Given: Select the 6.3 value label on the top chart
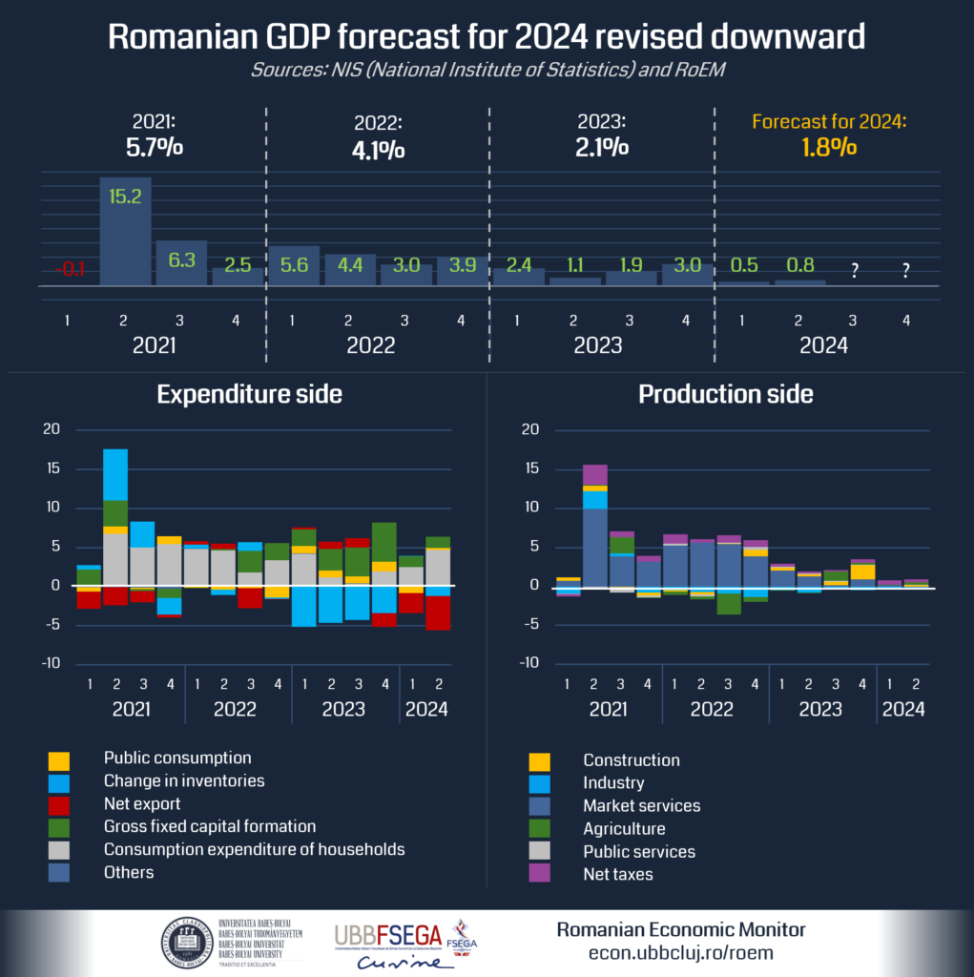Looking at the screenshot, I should (x=181, y=259).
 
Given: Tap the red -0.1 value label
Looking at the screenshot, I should (x=69, y=270).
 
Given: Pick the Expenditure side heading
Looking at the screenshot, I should (x=249, y=393).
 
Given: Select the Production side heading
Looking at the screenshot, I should (x=725, y=393).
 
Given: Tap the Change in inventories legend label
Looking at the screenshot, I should (x=184, y=780).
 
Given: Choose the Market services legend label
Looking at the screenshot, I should (x=642, y=805).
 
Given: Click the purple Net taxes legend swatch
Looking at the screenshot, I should (x=539, y=873).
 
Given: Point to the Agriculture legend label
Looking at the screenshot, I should (x=624, y=828).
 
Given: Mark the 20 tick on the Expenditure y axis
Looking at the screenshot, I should (x=52, y=429).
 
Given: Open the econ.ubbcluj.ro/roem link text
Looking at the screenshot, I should (x=680, y=952).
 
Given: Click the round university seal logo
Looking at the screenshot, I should (x=187, y=942).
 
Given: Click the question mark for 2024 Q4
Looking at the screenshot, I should (x=905, y=270).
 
